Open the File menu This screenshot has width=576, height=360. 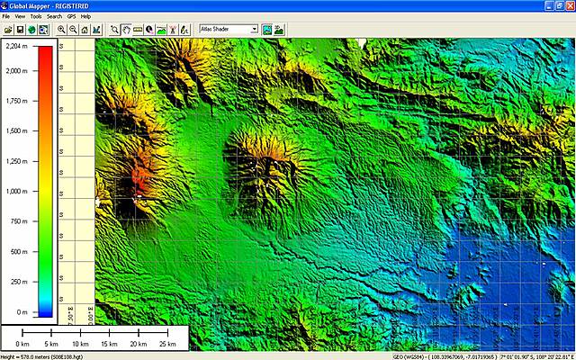tap(6, 16)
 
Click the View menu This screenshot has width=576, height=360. tap(20, 16)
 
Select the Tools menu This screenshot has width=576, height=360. tap(36, 16)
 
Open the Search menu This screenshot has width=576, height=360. tap(54, 16)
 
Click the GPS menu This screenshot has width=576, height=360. tap(70, 16)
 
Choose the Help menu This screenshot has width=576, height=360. tap(85, 16)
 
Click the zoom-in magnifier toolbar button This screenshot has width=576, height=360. tap(61, 29)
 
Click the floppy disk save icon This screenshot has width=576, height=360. tap(19, 29)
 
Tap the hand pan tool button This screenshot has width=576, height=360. tap(126, 29)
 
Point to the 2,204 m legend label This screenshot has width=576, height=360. tap(15, 45)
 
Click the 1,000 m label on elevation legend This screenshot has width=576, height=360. tap(15, 191)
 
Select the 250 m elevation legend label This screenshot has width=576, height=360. tap(15, 282)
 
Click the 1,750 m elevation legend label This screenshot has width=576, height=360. tap(15, 101)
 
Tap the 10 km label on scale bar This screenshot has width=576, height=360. tap(80, 344)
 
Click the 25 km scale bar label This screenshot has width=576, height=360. tap(166, 344)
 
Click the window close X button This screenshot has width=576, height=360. tap(569, 5)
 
